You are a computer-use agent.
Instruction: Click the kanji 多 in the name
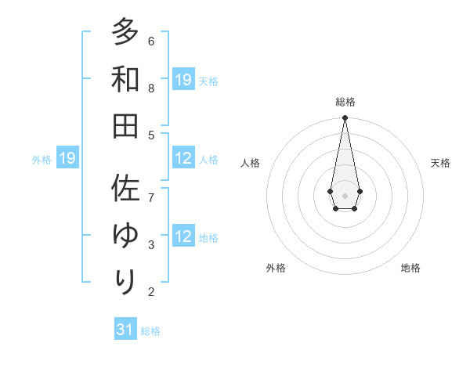pos(125,33)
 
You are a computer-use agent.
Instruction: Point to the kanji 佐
pos(125,189)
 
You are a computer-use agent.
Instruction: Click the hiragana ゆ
pos(125,235)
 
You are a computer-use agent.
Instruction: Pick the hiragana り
pos(125,280)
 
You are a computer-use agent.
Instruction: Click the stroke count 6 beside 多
pos(151,41)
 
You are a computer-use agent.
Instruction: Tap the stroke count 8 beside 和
pos(151,88)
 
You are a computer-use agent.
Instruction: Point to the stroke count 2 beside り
pos(151,292)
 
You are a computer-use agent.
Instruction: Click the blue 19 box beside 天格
pos(183,80)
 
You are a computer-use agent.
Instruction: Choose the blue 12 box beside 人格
pos(183,158)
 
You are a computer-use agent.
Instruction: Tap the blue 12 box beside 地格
pos(183,237)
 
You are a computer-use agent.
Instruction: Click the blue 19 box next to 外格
pos(67,159)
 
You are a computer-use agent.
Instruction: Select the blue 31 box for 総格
pos(125,330)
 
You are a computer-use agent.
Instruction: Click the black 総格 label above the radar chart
pos(345,102)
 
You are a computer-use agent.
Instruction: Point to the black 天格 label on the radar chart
pos(440,163)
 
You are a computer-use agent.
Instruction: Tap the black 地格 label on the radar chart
pos(410,268)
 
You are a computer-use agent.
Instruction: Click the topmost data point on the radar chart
pos(345,118)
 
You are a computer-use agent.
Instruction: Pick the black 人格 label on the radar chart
pos(250,163)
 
